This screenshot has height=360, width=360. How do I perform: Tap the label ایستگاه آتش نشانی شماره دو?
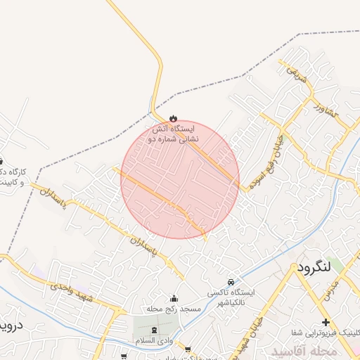(174, 134)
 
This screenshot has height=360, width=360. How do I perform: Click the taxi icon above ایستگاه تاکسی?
(232, 281)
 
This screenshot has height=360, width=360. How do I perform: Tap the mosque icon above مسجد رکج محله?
(174, 298)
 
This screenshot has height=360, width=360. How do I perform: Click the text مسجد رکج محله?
(174, 309)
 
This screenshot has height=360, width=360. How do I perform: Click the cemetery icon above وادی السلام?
(155, 330)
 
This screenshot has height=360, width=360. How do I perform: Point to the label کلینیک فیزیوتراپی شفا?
(323, 333)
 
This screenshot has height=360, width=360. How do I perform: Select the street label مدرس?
(333, 288)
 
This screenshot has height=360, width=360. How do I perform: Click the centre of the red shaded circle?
(180, 179)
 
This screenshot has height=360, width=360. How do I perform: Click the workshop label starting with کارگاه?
(13, 176)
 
